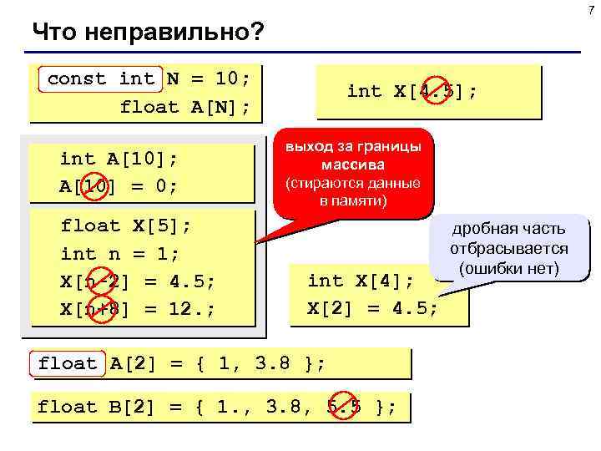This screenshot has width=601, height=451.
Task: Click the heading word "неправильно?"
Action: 193,33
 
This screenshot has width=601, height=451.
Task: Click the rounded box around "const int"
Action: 100,79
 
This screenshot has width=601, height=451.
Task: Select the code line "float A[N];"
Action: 184,107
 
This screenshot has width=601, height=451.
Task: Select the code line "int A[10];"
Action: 119,159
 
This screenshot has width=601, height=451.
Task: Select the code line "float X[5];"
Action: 126,225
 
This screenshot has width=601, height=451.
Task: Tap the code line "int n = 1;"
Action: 120,253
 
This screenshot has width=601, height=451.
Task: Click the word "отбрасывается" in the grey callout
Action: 508,249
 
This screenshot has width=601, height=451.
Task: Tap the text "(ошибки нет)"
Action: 508,269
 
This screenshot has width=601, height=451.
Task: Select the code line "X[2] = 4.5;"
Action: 372,307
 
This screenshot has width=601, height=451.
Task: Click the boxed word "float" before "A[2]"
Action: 68,363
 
